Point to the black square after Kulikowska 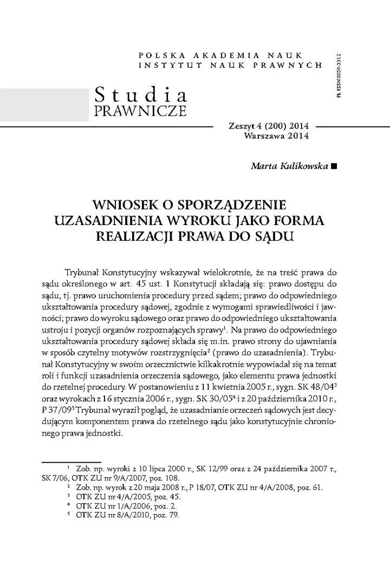(332, 165)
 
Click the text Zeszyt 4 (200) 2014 (269, 126)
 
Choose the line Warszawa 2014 (276, 136)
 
